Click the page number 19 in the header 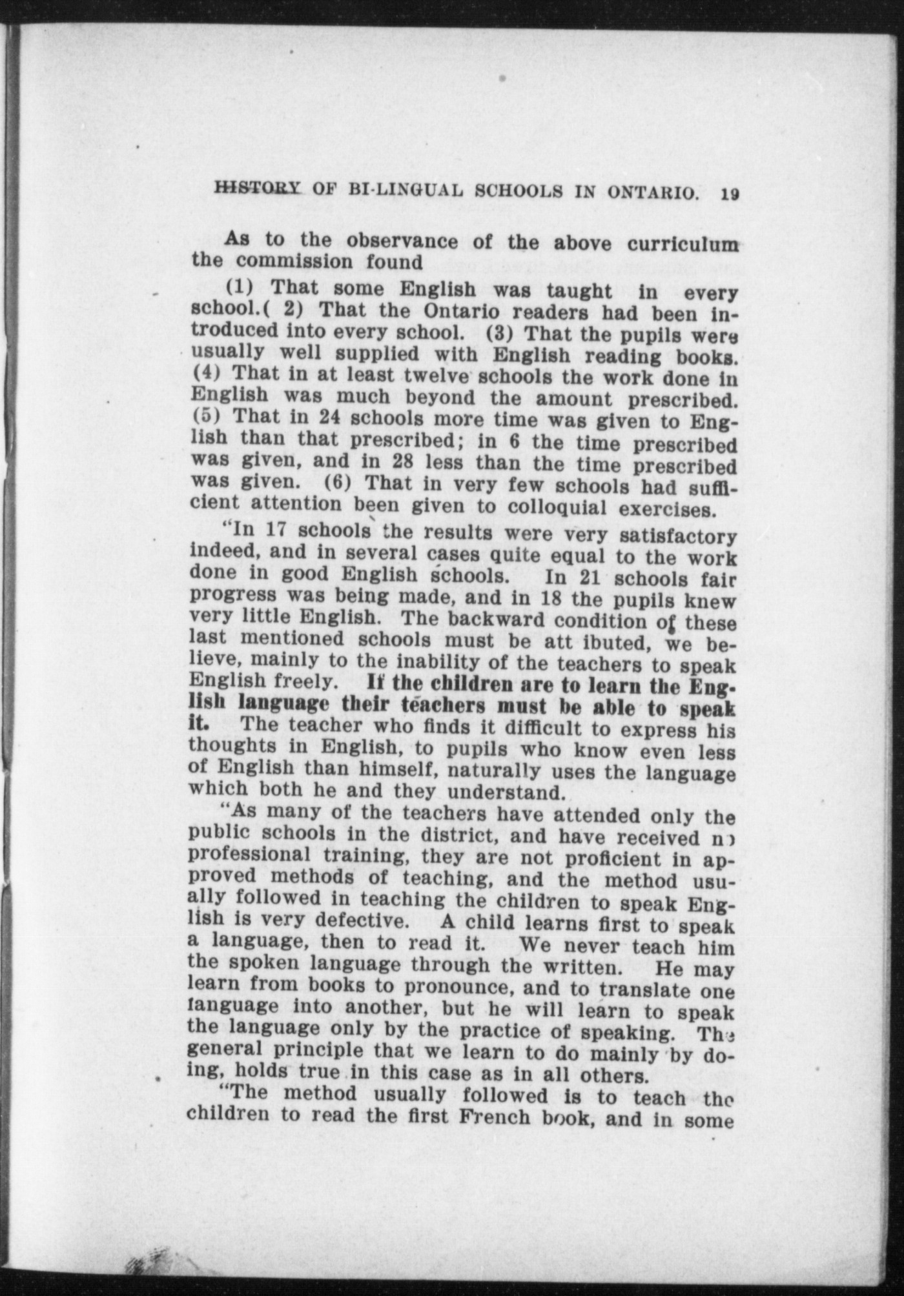[x=730, y=193]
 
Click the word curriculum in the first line [x=682, y=245]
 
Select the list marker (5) [x=206, y=416]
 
